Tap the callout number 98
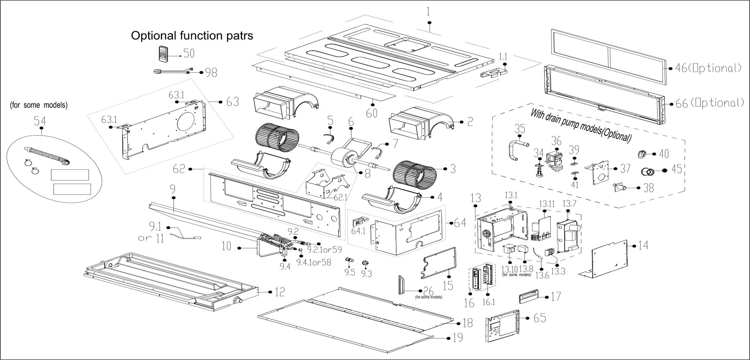click(211, 73)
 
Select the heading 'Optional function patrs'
click(192, 36)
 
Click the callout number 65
click(540, 317)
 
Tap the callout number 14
click(643, 246)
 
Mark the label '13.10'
click(509, 269)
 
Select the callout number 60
click(372, 112)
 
